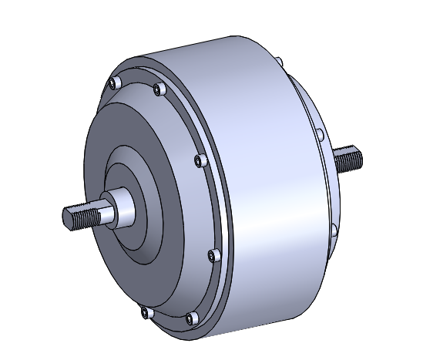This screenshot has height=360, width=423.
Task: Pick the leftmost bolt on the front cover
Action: [x=114, y=82]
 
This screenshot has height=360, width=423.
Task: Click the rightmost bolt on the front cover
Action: [x=214, y=255]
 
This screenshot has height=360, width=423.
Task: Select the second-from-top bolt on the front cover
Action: [x=159, y=91]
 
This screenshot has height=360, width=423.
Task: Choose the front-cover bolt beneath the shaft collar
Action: [x=145, y=311]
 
